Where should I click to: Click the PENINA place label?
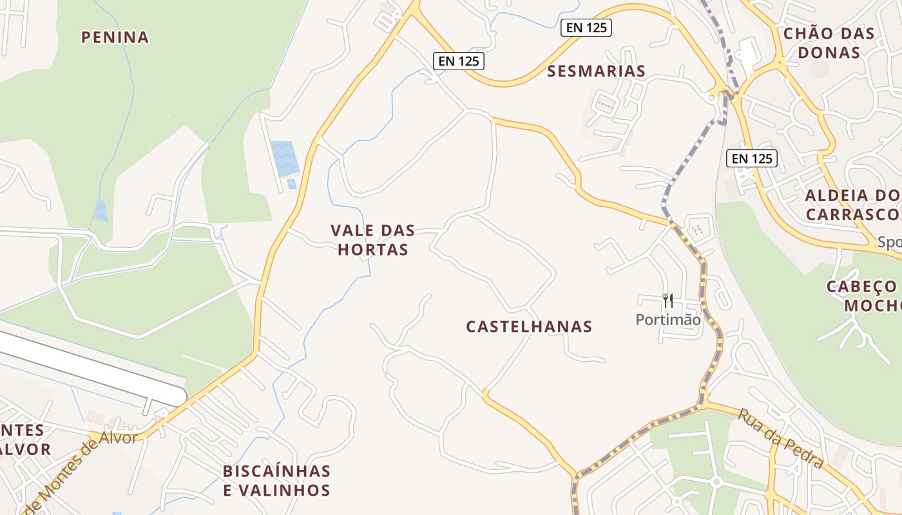115,37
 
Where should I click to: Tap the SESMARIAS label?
596,71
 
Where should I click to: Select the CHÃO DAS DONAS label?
829,42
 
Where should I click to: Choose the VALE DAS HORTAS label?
373,239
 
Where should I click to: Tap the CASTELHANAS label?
529,326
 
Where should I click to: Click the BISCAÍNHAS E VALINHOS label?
276,480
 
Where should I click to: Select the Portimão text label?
667,319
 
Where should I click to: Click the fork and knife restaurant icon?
667,300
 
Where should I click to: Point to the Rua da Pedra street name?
781,438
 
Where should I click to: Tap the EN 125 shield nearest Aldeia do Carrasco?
752,158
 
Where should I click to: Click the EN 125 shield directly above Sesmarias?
586,28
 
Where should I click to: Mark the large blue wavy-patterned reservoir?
284,158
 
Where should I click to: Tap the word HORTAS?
373,250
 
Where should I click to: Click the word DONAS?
829,52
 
